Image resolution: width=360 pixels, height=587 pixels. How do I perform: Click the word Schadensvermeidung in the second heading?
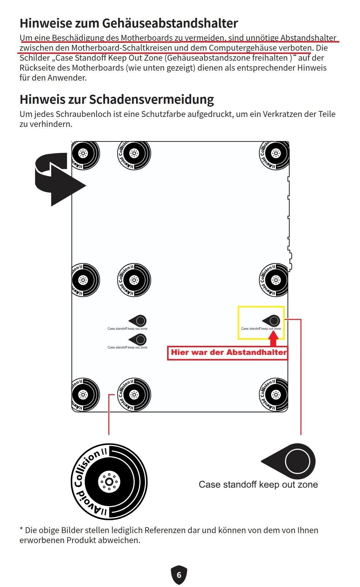coord(151,99)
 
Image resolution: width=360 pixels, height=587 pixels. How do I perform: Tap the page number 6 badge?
coord(179,575)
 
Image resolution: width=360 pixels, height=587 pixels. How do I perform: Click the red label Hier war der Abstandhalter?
coord(228,352)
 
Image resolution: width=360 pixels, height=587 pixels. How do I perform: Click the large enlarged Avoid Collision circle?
coord(109,482)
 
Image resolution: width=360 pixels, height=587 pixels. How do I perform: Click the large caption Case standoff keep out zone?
coord(258,484)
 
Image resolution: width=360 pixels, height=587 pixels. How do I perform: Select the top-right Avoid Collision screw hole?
coord(275,153)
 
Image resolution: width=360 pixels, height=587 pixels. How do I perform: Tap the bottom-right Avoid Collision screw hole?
coord(275,394)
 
